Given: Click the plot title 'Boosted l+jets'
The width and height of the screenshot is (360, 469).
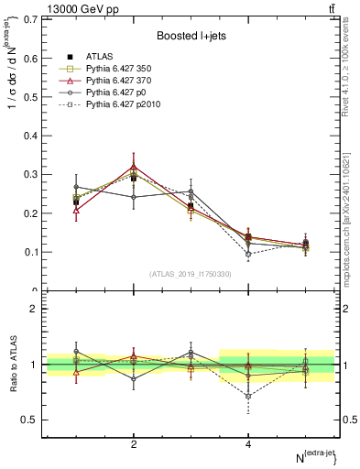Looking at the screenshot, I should pyautogui.click(x=191, y=35).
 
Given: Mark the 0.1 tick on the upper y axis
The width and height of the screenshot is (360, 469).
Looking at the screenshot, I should pyautogui.click(x=33, y=252).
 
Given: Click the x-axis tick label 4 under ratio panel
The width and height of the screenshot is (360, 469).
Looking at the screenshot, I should pyautogui.click(x=248, y=443).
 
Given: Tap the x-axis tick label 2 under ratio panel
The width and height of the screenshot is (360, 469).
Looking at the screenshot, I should pyautogui.click(x=135, y=443).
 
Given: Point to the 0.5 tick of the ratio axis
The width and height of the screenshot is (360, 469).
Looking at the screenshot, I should pyautogui.click(x=33, y=420).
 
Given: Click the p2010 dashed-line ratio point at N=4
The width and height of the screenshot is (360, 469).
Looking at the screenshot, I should pyautogui.click(x=248, y=396).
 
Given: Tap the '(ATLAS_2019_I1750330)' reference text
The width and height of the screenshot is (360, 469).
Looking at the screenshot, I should pyautogui.click(x=191, y=274).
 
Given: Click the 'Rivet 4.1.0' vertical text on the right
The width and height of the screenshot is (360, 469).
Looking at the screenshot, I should pyautogui.click(x=351, y=82).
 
